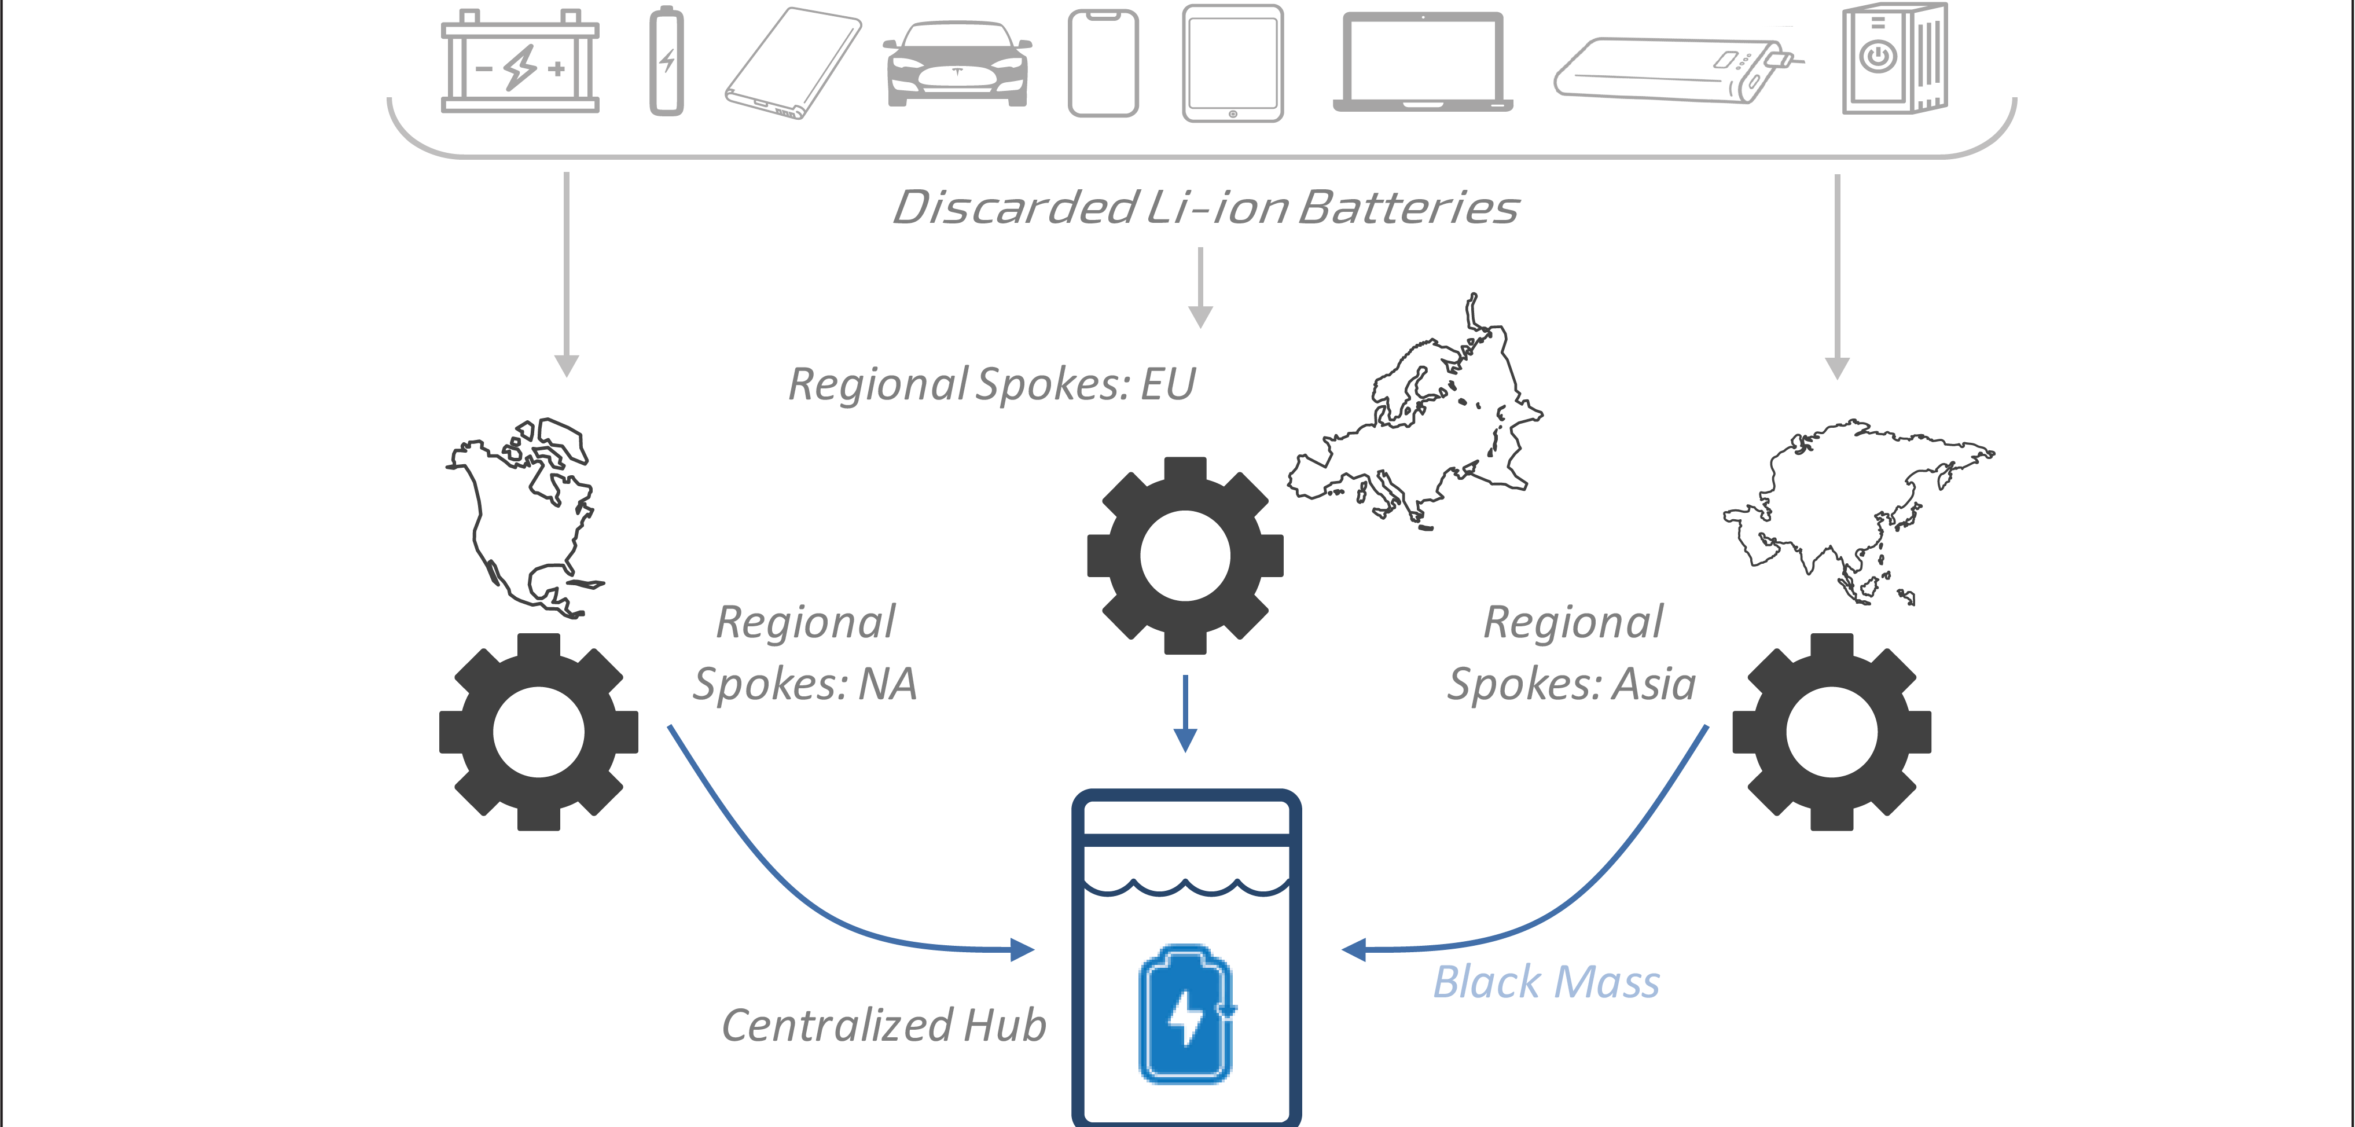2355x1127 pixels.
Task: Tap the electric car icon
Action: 957,64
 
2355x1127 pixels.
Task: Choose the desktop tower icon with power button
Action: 1894,58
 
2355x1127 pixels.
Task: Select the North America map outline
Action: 526,516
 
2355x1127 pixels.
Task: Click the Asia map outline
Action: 1856,507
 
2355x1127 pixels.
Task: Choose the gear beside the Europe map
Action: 1185,556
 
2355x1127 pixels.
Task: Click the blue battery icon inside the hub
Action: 1186,1015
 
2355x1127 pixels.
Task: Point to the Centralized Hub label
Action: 883,1026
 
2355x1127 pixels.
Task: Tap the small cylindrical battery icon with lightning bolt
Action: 667,62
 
